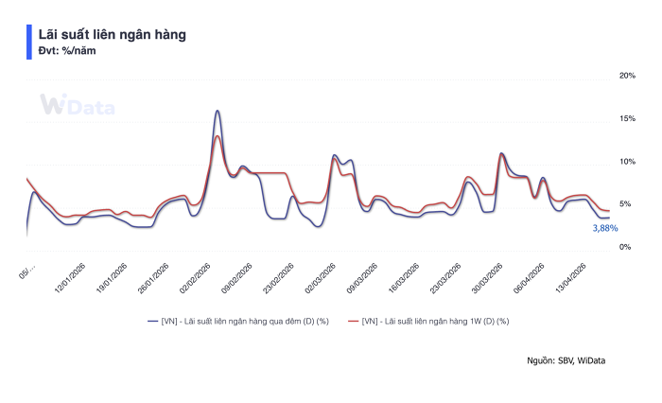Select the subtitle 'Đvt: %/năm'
[x=66, y=51]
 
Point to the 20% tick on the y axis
[x=626, y=76]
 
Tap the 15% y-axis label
[x=626, y=118]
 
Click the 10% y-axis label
[x=626, y=162]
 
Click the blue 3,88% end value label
[x=604, y=228]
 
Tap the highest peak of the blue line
[x=218, y=111]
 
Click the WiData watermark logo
[x=77, y=106]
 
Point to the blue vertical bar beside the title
[x=28, y=42]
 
